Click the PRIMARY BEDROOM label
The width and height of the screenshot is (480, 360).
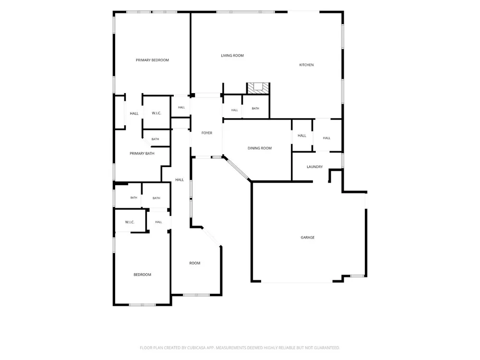coord(152,60)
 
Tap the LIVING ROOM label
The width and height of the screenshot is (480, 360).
coord(232,56)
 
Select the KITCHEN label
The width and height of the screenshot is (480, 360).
coord(306,65)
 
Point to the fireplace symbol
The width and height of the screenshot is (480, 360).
coord(258,88)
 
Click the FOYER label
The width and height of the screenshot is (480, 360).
coord(207,133)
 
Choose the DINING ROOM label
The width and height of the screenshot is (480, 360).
coord(260,148)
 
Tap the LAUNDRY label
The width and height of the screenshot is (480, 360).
coord(315,167)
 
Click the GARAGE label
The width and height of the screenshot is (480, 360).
coord(308,238)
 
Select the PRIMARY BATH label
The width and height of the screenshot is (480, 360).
coord(142,154)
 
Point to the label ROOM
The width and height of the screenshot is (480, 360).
coord(195,263)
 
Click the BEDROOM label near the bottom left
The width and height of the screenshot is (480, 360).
coord(143,275)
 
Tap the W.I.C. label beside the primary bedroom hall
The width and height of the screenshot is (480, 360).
coord(156,113)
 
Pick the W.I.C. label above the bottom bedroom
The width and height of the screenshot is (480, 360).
coord(130,222)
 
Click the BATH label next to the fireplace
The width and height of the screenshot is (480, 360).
coord(256,108)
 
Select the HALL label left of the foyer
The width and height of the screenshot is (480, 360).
coord(181,108)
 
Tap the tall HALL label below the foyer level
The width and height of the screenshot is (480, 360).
coord(180,180)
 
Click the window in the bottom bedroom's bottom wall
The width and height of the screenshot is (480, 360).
coord(142,305)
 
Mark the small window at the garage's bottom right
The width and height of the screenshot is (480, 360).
coord(357,276)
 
